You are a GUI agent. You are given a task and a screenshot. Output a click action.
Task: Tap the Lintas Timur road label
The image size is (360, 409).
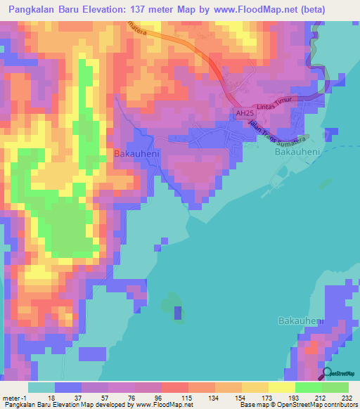276,105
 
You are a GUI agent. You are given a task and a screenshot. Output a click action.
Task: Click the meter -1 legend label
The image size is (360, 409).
15,397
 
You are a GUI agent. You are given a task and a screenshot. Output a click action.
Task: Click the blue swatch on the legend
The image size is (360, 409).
68,387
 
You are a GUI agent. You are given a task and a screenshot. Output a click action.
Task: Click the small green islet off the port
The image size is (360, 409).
324,183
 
